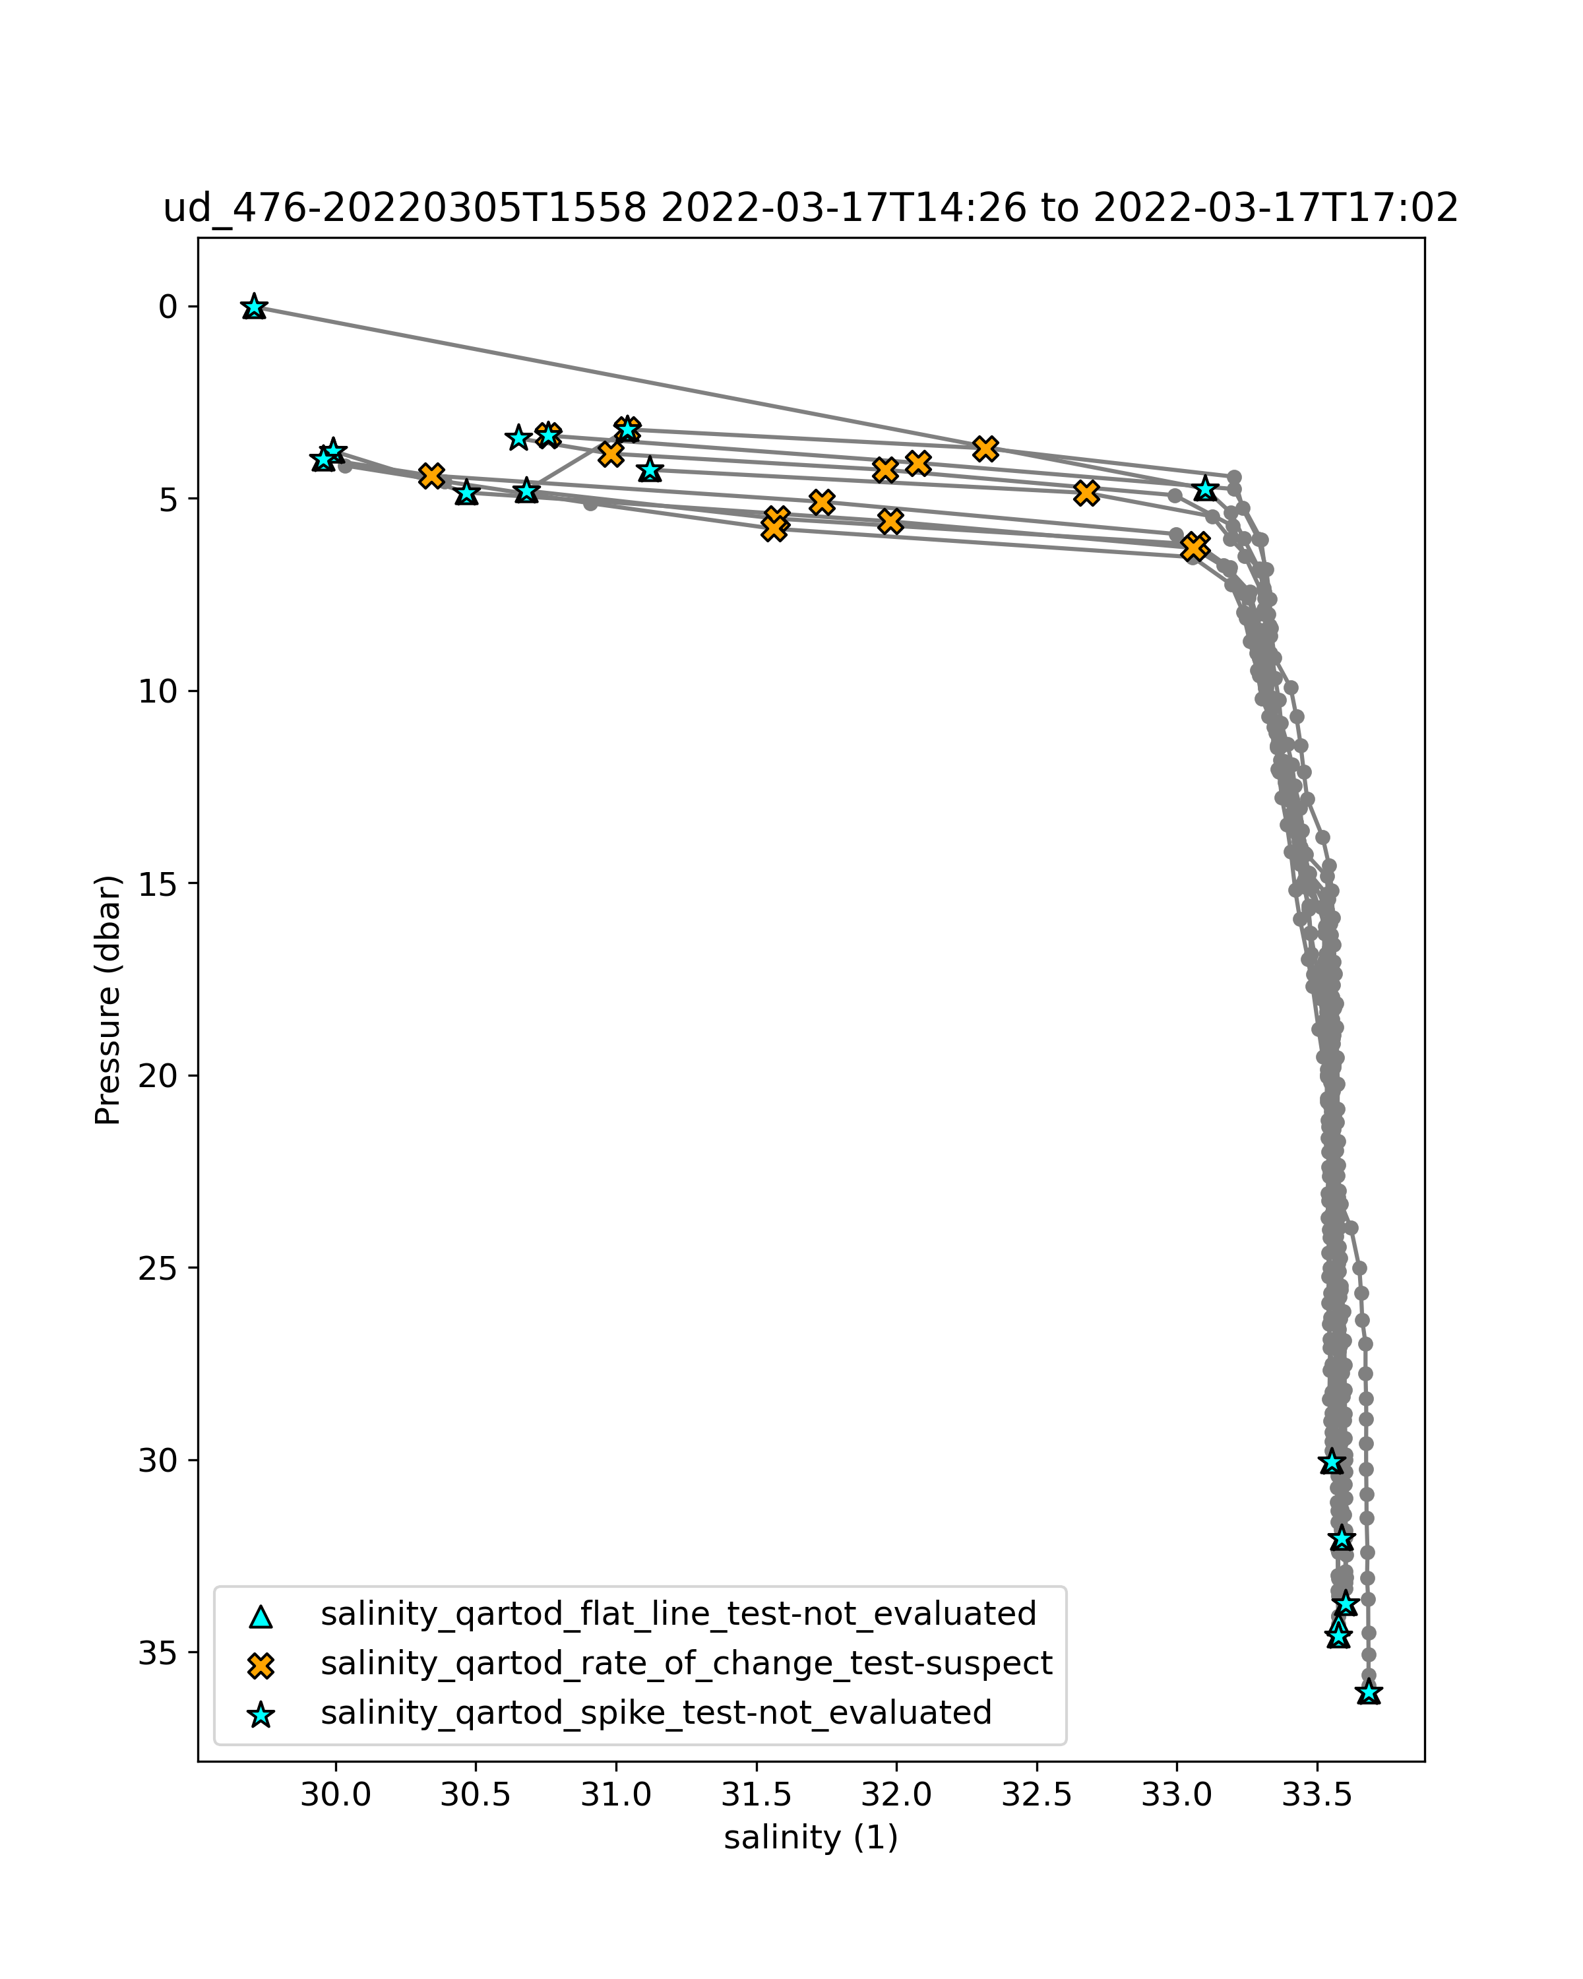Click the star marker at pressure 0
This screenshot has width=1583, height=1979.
(x=254, y=307)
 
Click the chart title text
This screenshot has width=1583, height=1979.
(x=811, y=209)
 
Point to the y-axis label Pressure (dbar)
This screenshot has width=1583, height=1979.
(x=108, y=999)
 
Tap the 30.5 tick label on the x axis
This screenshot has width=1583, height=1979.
(x=476, y=1794)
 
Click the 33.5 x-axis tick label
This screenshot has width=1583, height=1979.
(x=1318, y=1794)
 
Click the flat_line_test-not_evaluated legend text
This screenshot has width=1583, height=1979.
(x=678, y=1613)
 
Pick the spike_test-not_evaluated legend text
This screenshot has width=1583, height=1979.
(x=656, y=1712)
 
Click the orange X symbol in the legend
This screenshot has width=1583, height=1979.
(x=262, y=1664)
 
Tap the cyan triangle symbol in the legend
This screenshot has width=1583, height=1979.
(x=262, y=1616)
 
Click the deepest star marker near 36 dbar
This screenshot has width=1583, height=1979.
(x=1368, y=1691)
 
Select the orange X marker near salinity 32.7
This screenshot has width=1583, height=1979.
(x=1086, y=493)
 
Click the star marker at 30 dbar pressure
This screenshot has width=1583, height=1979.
(x=1332, y=1462)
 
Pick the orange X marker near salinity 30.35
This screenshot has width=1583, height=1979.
(x=431, y=476)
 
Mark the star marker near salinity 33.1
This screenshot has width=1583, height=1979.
(x=1205, y=488)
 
